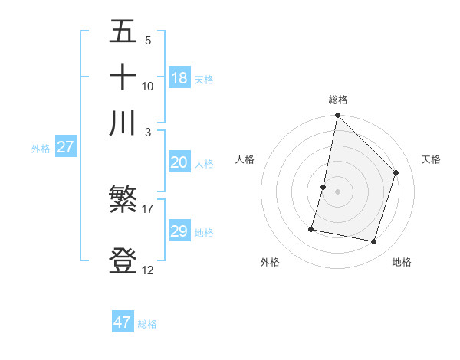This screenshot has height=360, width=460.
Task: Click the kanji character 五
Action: tap(123, 33)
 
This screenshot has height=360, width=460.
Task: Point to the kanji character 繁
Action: tap(123, 202)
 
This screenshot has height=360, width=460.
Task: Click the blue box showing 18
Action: tap(179, 77)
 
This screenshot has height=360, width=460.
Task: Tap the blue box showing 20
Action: tap(179, 162)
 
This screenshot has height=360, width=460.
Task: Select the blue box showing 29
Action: tap(179, 231)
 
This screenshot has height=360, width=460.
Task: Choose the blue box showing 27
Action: tap(65, 147)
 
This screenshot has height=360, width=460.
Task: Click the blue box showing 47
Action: tap(123, 322)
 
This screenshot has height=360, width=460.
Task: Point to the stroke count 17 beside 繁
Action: tap(148, 208)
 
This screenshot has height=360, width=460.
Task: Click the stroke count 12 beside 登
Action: tap(148, 270)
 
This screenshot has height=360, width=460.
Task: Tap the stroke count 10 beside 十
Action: tap(148, 86)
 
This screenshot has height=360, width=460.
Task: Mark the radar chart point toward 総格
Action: tap(337, 116)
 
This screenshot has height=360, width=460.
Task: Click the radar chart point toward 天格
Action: tap(396, 172)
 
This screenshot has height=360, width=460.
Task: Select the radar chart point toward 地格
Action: tap(374, 242)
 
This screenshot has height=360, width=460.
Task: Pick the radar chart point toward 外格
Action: tap(311, 228)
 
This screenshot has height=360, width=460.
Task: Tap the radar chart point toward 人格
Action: tap(324, 187)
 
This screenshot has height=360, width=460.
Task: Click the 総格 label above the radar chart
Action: tap(337, 100)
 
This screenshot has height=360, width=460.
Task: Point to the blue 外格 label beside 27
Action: tap(40, 149)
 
